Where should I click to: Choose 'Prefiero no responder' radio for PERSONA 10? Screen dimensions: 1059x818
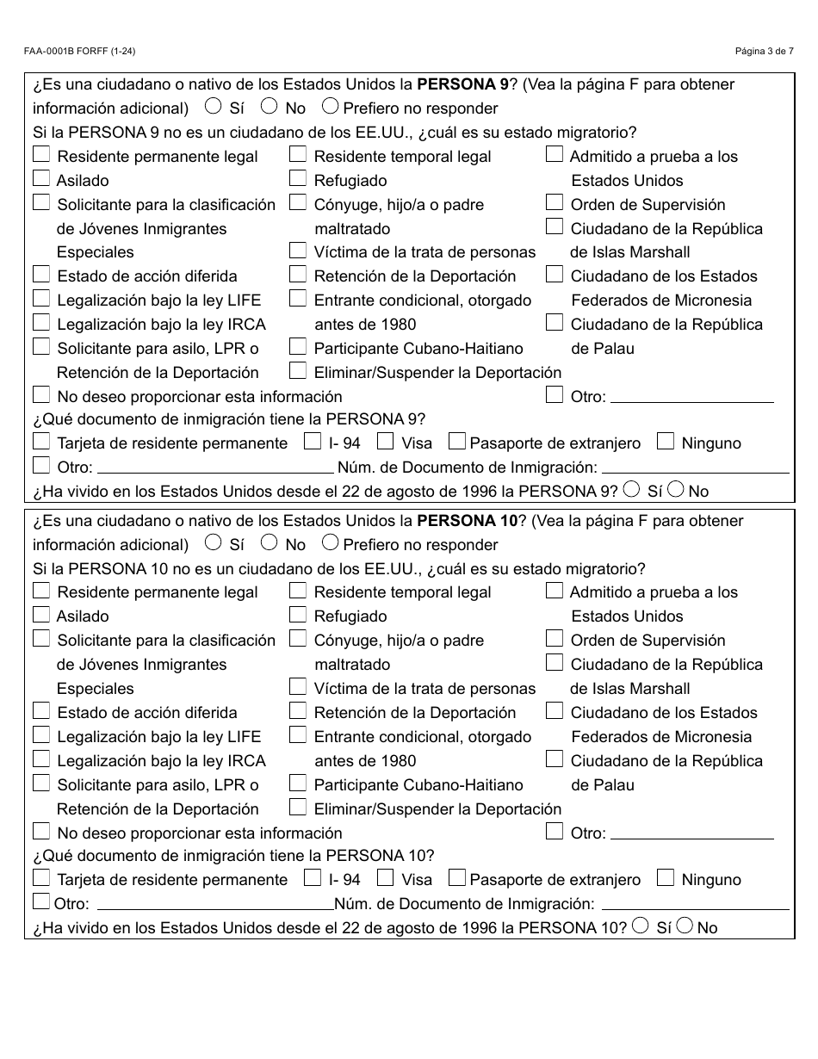(x=330, y=542)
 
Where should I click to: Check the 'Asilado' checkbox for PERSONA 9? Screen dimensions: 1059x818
(x=41, y=179)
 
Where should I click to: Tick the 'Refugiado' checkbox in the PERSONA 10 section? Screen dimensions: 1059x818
(x=298, y=615)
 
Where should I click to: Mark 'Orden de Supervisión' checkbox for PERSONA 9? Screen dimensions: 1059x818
(x=555, y=203)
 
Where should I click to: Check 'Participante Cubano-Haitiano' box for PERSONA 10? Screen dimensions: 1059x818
(x=298, y=783)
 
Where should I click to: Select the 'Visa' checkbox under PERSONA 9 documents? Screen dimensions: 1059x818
(x=386, y=442)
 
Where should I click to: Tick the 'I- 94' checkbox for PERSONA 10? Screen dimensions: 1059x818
(x=313, y=878)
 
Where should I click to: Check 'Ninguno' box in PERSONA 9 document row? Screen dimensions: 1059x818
(x=665, y=442)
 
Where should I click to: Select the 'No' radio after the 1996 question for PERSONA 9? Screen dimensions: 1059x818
(x=676, y=489)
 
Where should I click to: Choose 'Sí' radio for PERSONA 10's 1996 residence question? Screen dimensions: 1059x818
(x=641, y=926)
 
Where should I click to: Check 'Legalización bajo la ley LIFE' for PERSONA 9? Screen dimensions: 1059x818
(x=41, y=299)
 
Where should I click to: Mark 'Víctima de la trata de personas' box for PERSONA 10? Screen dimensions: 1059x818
(x=298, y=687)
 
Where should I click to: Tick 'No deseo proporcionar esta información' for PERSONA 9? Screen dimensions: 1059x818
(x=41, y=395)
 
